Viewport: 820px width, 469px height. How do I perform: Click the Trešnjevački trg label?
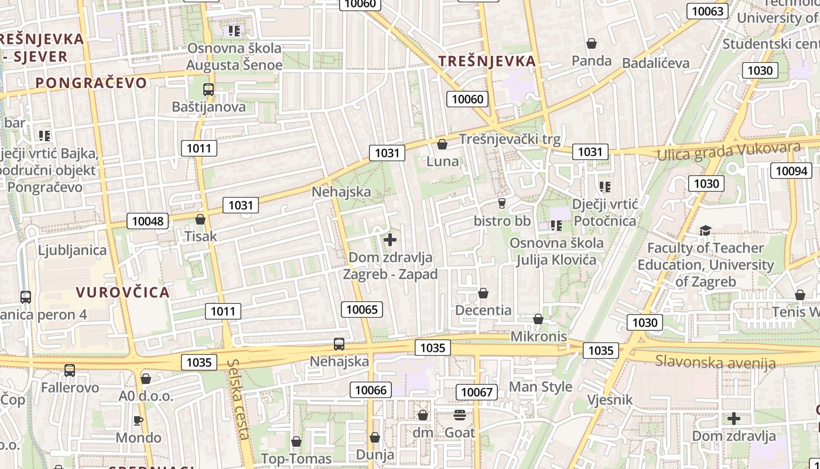510,139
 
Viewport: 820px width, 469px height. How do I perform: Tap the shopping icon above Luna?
442,144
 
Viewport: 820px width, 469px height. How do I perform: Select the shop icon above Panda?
592,43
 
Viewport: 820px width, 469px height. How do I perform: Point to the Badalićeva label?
655,63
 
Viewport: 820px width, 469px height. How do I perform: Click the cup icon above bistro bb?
501,203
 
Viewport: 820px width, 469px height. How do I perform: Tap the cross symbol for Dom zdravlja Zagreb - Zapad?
390,239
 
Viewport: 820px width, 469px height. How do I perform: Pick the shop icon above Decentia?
483,293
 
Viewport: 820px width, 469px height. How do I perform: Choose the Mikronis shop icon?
538,319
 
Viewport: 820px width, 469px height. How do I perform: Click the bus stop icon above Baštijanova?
209,90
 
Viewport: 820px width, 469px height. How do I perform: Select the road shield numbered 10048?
148,221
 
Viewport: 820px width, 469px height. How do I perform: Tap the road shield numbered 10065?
362,309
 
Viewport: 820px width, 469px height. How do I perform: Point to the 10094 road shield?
791,171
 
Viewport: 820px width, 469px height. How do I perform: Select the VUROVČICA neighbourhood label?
122,292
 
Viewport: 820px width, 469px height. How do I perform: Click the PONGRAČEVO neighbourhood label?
91,83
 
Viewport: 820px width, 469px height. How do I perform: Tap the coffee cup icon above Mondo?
138,420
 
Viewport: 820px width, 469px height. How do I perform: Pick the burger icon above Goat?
460,415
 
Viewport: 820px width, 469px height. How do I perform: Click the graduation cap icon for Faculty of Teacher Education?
705,230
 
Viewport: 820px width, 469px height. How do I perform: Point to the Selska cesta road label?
240,399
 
